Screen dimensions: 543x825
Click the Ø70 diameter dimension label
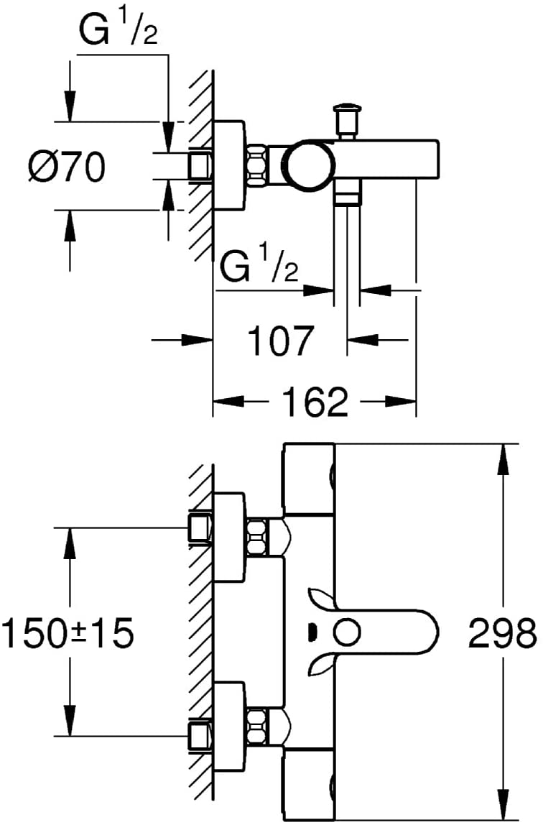point(67,167)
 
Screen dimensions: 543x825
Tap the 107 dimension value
point(280,341)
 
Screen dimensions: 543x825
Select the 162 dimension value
point(315,402)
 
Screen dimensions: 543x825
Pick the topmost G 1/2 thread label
point(119,29)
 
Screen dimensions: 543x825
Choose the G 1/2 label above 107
point(259,267)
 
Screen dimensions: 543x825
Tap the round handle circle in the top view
point(308,164)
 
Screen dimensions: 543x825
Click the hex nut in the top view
point(256,164)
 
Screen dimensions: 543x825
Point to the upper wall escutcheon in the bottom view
point(229,537)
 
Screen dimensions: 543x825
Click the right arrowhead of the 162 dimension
point(401,402)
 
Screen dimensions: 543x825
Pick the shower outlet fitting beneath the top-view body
point(347,190)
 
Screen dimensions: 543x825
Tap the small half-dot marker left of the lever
point(311,631)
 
